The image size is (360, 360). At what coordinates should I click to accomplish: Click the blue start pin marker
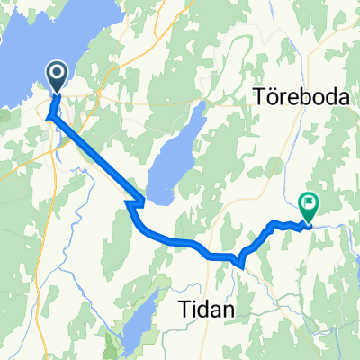pyautogui.click(x=57, y=77)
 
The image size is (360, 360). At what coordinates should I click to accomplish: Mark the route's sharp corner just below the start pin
pyautogui.click(x=49, y=116)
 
